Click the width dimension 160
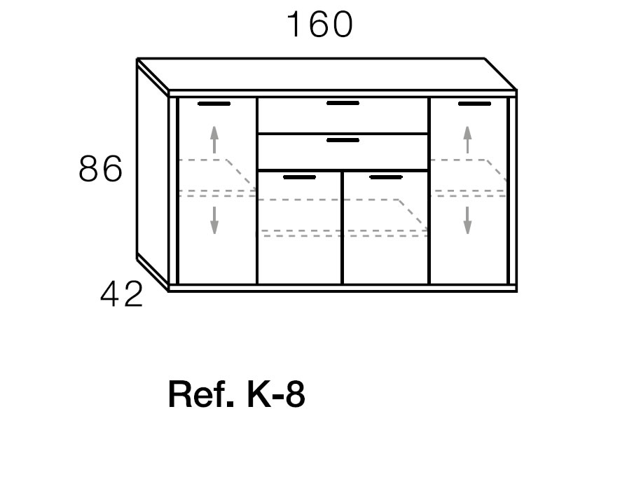click(x=319, y=25)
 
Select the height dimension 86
click(x=100, y=169)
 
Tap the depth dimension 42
click(x=122, y=294)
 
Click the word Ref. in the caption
click(x=201, y=394)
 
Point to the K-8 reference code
click(x=276, y=394)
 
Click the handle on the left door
click(x=214, y=104)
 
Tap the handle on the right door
click(x=474, y=104)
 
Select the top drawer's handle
click(x=343, y=103)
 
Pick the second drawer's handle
click(x=343, y=140)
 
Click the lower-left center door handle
click(x=299, y=177)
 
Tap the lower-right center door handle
click(x=386, y=177)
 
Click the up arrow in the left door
click(x=214, y=140)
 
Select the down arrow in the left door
click(x=214, y=221)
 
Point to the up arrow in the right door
click(x=467, y=140)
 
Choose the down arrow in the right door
click(x=467, y=221)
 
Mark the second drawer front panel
click(x=343, y=152)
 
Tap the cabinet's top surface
click(x=326, y=75)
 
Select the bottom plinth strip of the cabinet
click(x=343, y=288)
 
